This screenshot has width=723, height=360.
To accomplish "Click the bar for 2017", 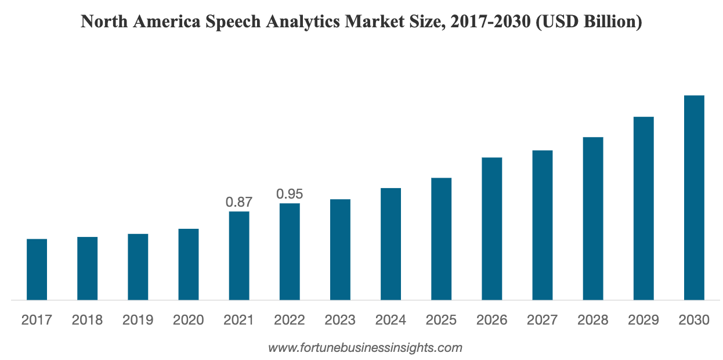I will click(x=37, y=269).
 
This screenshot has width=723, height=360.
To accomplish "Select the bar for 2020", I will click(x=189, y=264).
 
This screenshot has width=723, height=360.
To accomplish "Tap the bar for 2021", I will click(x=239, y=255).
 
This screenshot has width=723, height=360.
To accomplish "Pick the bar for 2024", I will click(x=391, y=244).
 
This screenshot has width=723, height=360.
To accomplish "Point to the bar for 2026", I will click(x=492, y=229).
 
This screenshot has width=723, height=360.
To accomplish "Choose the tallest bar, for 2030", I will click(x=694, y=197).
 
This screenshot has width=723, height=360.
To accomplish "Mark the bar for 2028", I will click(x=593, y=218).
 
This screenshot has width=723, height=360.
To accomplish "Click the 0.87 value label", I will click(x=239, y=202).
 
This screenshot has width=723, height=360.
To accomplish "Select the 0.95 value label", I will click(x=290, y=194).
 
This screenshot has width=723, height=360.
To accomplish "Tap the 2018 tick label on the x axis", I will click(x=88, y=320).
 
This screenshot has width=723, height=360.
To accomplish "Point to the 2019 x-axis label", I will click(x=138, y=320).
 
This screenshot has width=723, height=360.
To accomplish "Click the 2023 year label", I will click(x=340, y=320).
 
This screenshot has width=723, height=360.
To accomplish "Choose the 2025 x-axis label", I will click(x=441, y=320).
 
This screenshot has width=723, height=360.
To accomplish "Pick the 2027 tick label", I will click(x=543, y=320).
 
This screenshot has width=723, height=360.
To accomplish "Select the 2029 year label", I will click(x=644, y=320).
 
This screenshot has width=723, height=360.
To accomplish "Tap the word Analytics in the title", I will click(x=312, y=22).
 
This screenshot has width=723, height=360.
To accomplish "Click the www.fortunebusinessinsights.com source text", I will click(x=365, y=348).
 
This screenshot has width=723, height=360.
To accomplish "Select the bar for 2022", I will click(x=290, y=251).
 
